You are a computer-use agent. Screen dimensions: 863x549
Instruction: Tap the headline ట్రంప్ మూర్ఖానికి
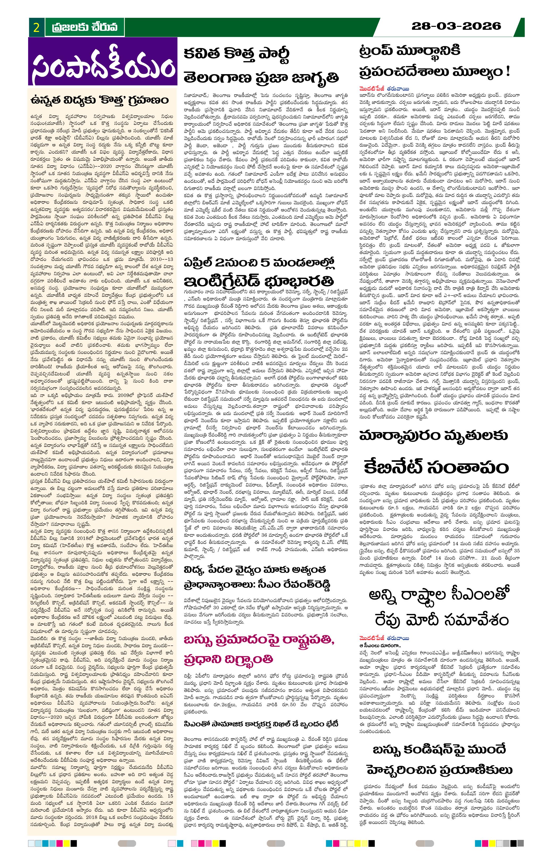(410, 51)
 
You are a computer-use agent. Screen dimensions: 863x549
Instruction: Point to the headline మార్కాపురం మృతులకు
(433, 436)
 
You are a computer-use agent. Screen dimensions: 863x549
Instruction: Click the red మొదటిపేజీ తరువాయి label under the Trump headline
(385, 88)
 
